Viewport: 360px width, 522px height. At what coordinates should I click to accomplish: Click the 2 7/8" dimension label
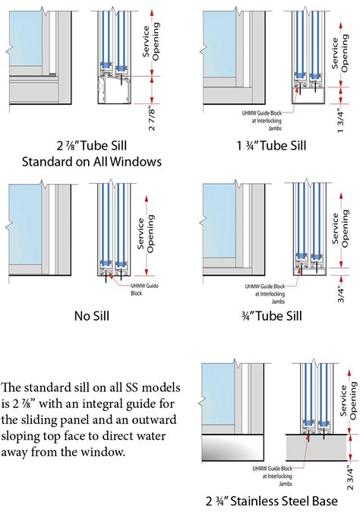(x=151, y=119)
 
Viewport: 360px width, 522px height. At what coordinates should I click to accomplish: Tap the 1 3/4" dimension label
(x=340, y=120)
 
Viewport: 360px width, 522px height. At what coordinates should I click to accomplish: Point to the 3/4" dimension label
(x=341, y=294)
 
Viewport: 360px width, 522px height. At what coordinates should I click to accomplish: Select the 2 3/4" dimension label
(x=350, y=478)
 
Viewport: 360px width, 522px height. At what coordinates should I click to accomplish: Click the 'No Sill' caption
(x=92, y=316)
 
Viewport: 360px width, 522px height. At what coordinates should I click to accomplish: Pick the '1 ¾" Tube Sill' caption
(x=271, y=145)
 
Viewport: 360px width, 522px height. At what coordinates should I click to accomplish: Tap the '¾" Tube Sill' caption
(x=272, y=316)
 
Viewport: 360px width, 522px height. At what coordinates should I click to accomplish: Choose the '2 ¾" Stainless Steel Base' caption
(x=271, y=501)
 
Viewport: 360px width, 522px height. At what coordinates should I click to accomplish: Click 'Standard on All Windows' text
(x=92, y=162)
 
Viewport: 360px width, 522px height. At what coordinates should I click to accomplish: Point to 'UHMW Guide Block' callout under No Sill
(x=144, y=289)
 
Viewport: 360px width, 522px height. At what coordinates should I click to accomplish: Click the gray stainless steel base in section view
(x=317, y=448)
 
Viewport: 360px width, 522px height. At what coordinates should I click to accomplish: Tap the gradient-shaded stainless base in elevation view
(x=233, y=448)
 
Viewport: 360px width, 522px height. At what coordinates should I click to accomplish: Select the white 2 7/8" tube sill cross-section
(x=114, y=90)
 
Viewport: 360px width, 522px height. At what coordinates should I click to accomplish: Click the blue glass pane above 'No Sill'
(x=25, y=224)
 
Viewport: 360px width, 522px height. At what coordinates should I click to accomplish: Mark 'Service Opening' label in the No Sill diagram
(x=146, y=233)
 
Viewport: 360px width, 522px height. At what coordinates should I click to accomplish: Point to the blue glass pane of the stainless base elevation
(x=219, y=394)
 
